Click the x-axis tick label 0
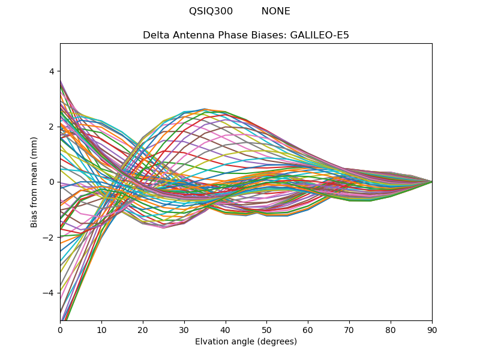[60, 329]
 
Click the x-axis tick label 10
[101, 329]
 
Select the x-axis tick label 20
[143, 329]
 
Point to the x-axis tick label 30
[184, 329]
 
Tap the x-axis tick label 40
[226, 329]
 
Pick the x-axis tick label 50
[266, 329]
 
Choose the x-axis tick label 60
[308, 329]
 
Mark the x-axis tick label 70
[349, 329]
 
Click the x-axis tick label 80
[391, 329]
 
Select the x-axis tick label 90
[432, 329]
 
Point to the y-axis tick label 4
[52, 71]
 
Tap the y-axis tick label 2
[52, 127]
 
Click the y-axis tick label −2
[49, 238]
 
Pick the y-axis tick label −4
[49, 293]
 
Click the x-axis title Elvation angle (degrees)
[246, 341]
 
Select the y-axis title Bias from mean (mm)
[34, 182]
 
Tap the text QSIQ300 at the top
[211, 11]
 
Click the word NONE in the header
[275, 11]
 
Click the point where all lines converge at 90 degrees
[432, 182]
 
